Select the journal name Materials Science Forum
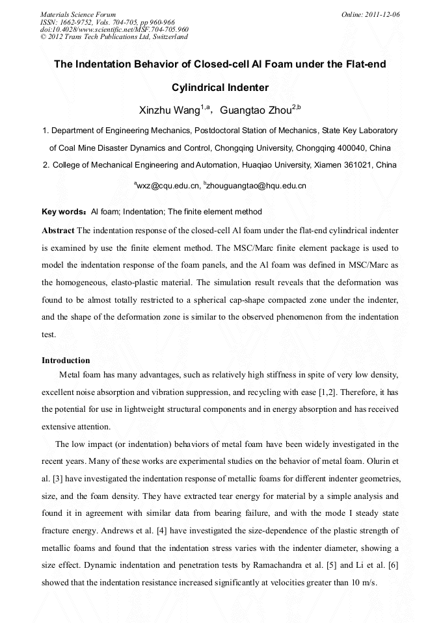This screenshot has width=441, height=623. point(78,14)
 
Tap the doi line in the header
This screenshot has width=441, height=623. point(114,29)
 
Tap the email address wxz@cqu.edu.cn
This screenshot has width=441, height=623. point(167,186)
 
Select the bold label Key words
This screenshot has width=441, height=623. point(63,212)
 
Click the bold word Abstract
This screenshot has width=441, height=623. point(58,231)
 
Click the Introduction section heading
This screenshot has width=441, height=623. point(66,360)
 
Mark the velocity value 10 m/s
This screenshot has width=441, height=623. point(362,582)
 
